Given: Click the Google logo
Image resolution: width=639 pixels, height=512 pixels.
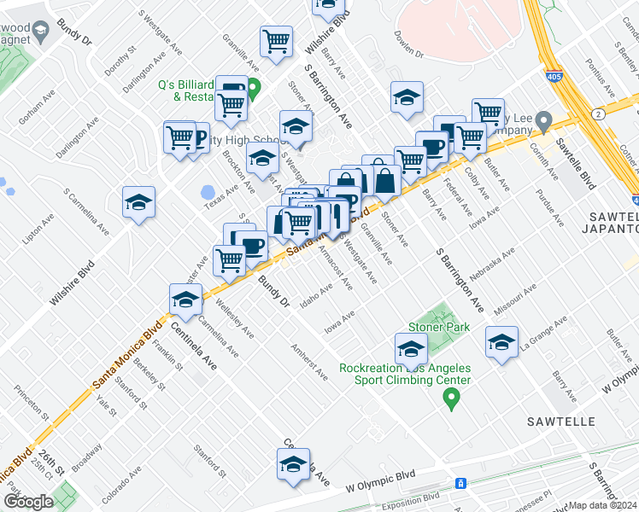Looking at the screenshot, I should (x=28, y=502).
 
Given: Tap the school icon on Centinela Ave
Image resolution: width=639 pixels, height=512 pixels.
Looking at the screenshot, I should (x=185, y=300).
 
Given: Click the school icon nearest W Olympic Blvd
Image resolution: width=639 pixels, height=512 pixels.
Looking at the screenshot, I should (x=293, y=464).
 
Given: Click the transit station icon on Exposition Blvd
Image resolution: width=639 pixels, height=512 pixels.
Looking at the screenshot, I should (x=460, y=483).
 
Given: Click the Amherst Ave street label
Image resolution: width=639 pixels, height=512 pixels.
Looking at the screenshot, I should (x=308, y=361).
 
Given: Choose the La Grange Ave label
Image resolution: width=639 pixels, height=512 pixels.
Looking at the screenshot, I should (x=549, y=333).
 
